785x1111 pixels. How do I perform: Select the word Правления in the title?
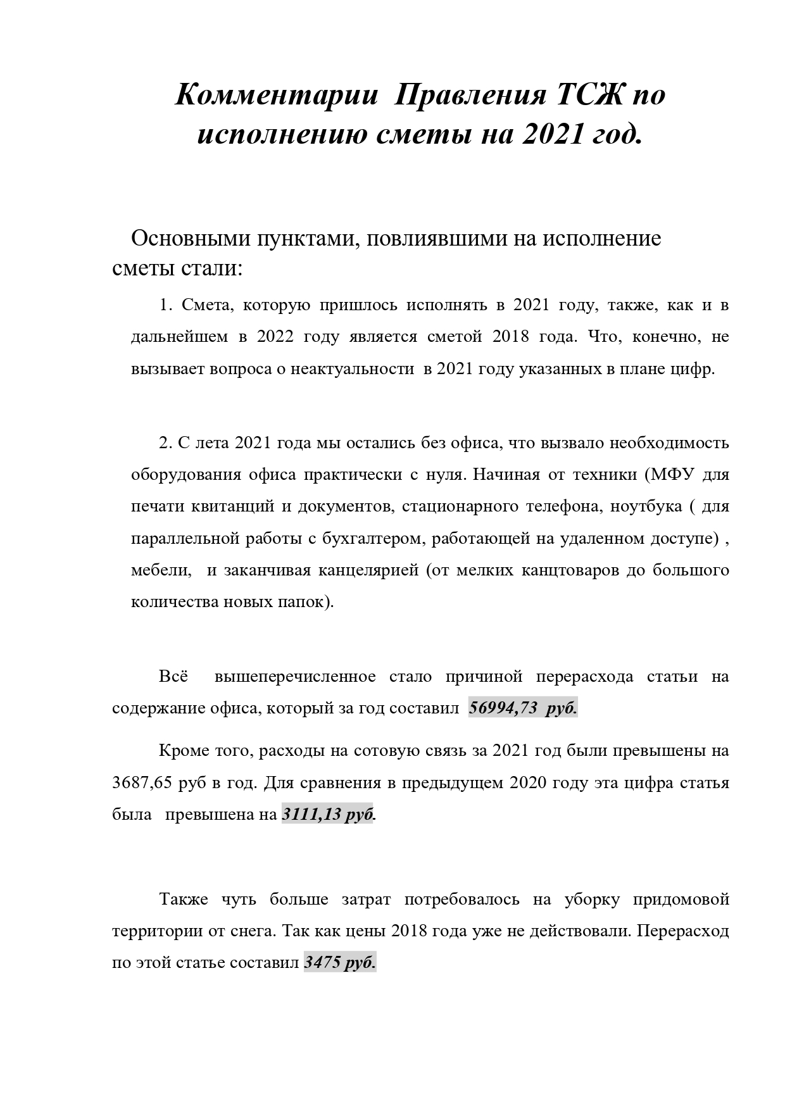pyautogui.click(x=470, y=96)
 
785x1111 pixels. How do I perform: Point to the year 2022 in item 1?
pyautogui.click(x=275, y=337)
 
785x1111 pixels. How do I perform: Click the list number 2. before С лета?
pyautogui.click(x=166, y=443)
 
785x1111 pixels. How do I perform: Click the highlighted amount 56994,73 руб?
pyautogui.click(x=522, y=708)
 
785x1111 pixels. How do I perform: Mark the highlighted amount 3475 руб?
pyautogui.click(x=340, y=963)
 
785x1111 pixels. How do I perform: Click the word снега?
pyautogui.click(x=249, y=932)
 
